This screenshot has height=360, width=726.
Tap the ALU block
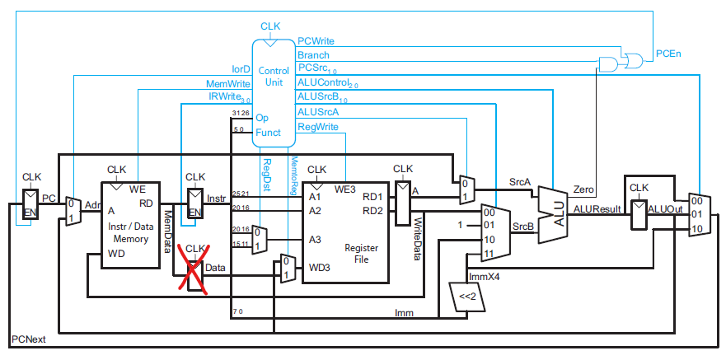pyautogui.click(x=555, y=214)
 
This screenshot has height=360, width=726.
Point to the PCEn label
pyautogui.click(x=668, y=54)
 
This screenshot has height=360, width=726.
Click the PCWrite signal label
pyautogui.click(x=316, y=41)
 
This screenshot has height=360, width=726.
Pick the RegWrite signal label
pyautogui.click(x=317, y=127)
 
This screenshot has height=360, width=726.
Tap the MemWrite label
pyautogui.click(x=227, y=84)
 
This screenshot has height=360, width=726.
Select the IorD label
pyautogui.click(x=241, y=69)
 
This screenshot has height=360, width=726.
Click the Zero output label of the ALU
pyautogui.click(x=583, y=189)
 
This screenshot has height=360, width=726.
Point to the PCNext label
pyautogui.click(x=29, y=339)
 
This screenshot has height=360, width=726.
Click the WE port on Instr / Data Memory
pyautogui.click(x=137, y=189)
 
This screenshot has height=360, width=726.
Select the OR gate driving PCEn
pyautogui.click(x=633, y=59)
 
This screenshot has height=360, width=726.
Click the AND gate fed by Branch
pyautogui.click(x=608, y=64)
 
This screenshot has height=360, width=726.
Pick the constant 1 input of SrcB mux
pyautogui.click(x=460, y=226)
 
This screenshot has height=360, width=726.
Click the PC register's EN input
pyautogui.click(x=30, y=213)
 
